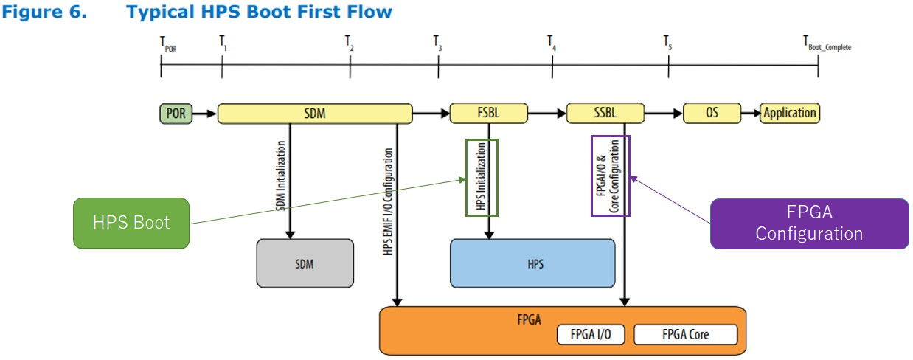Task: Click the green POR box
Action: [176, 114]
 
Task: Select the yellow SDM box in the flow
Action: [315, 114]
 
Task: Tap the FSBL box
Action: [489, 114]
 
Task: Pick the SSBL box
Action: [605, 114]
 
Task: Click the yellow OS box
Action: [711, 114]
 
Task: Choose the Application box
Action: [790, 114]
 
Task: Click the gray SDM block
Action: [303, 263]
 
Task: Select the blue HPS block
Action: [532, 263]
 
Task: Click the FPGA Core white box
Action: [685, 335]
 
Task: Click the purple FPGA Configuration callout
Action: [809, 224]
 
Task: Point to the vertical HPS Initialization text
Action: [482, 178]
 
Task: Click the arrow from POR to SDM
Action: [205, 114]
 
